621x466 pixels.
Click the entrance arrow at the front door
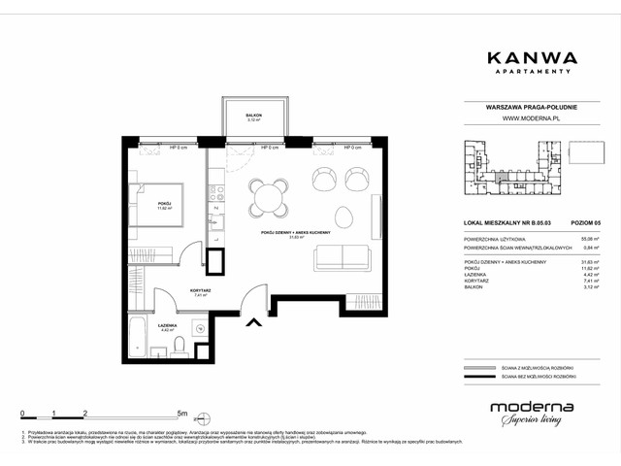[x=253, y=324]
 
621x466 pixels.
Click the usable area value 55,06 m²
[x=585, y=238]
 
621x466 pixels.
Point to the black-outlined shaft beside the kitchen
[x=214, y=263]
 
